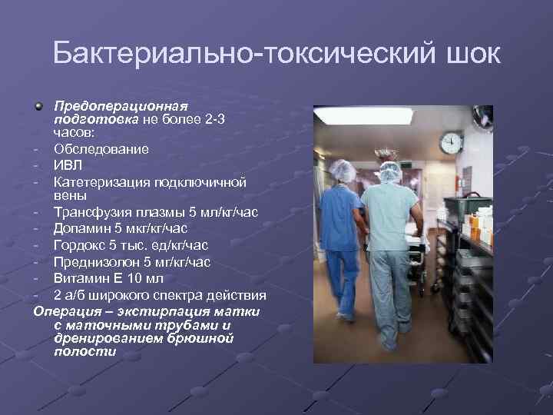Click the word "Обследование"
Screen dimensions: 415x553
point(101,148)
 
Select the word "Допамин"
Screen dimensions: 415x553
point(82,228)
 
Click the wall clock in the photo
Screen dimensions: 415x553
point(452,142)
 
